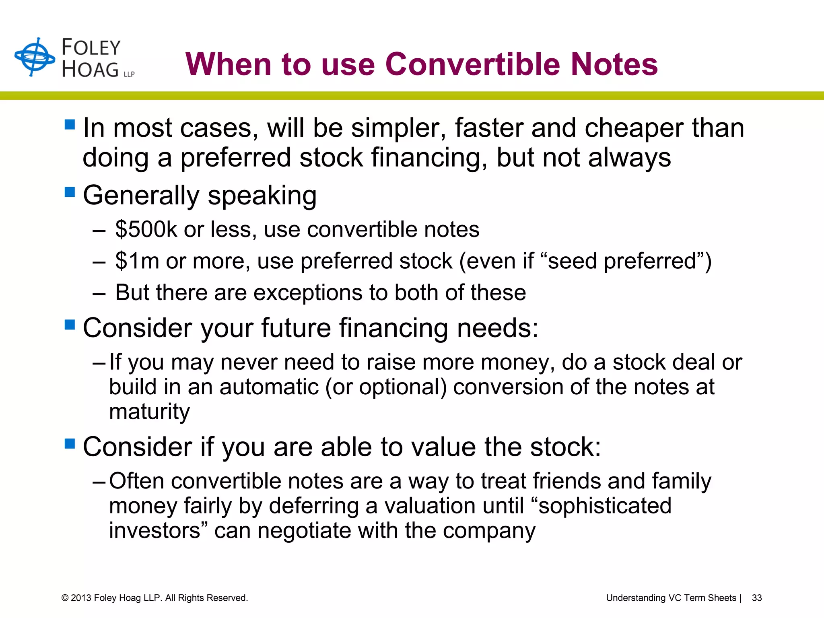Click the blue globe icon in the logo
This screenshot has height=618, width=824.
35,57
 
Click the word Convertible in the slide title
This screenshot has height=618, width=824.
472,64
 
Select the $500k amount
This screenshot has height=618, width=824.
146,229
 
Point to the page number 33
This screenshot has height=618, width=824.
756,598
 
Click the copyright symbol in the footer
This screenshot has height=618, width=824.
65,598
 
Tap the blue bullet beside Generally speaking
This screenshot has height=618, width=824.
70,192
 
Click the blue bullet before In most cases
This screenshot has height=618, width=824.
70,124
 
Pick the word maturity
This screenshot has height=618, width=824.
149,412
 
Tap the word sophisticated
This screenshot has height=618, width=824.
605,506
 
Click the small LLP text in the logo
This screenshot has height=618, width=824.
129,74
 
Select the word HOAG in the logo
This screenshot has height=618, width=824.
90,70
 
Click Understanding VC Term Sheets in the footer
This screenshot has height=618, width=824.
671,598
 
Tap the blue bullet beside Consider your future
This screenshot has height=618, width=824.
70,324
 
